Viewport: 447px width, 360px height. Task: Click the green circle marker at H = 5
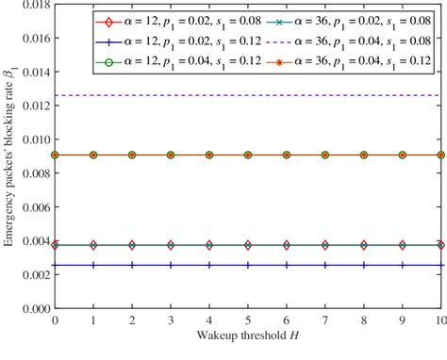(x=248, y=155)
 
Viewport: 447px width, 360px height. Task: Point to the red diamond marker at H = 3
(x=171, y=245)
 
